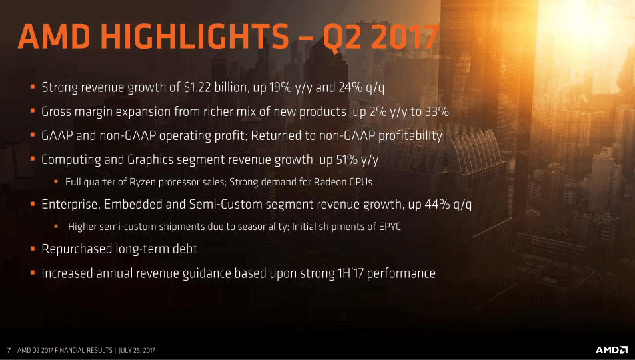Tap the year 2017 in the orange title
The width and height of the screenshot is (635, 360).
coord(405,37)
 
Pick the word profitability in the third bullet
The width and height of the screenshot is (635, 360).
coord(410,136)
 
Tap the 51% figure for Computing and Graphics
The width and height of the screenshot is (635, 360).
coord(347,160)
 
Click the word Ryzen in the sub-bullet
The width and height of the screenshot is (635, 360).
coord(143,182)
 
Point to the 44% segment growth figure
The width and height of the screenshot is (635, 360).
coord(437,204)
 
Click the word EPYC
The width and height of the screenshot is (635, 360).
coord(390,226)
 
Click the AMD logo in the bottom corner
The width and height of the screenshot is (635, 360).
coord(612,350)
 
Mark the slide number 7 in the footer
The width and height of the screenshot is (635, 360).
coord(9,350)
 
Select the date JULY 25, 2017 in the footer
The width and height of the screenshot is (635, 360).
coord(137,350)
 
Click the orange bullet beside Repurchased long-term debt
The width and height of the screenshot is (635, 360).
coord(33,249)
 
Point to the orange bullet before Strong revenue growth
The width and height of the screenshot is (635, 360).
coord(33,87)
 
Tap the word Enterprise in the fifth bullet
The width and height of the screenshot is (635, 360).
coord(71,204)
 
